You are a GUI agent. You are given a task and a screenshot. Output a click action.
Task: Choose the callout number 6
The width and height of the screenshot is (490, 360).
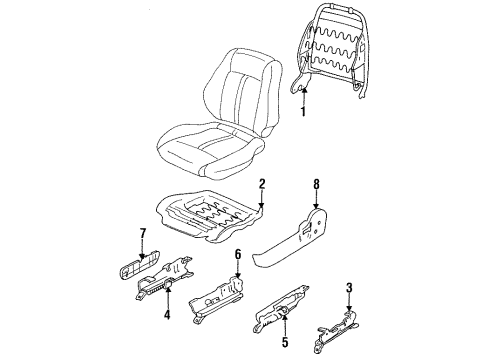[x=237, y=256]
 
